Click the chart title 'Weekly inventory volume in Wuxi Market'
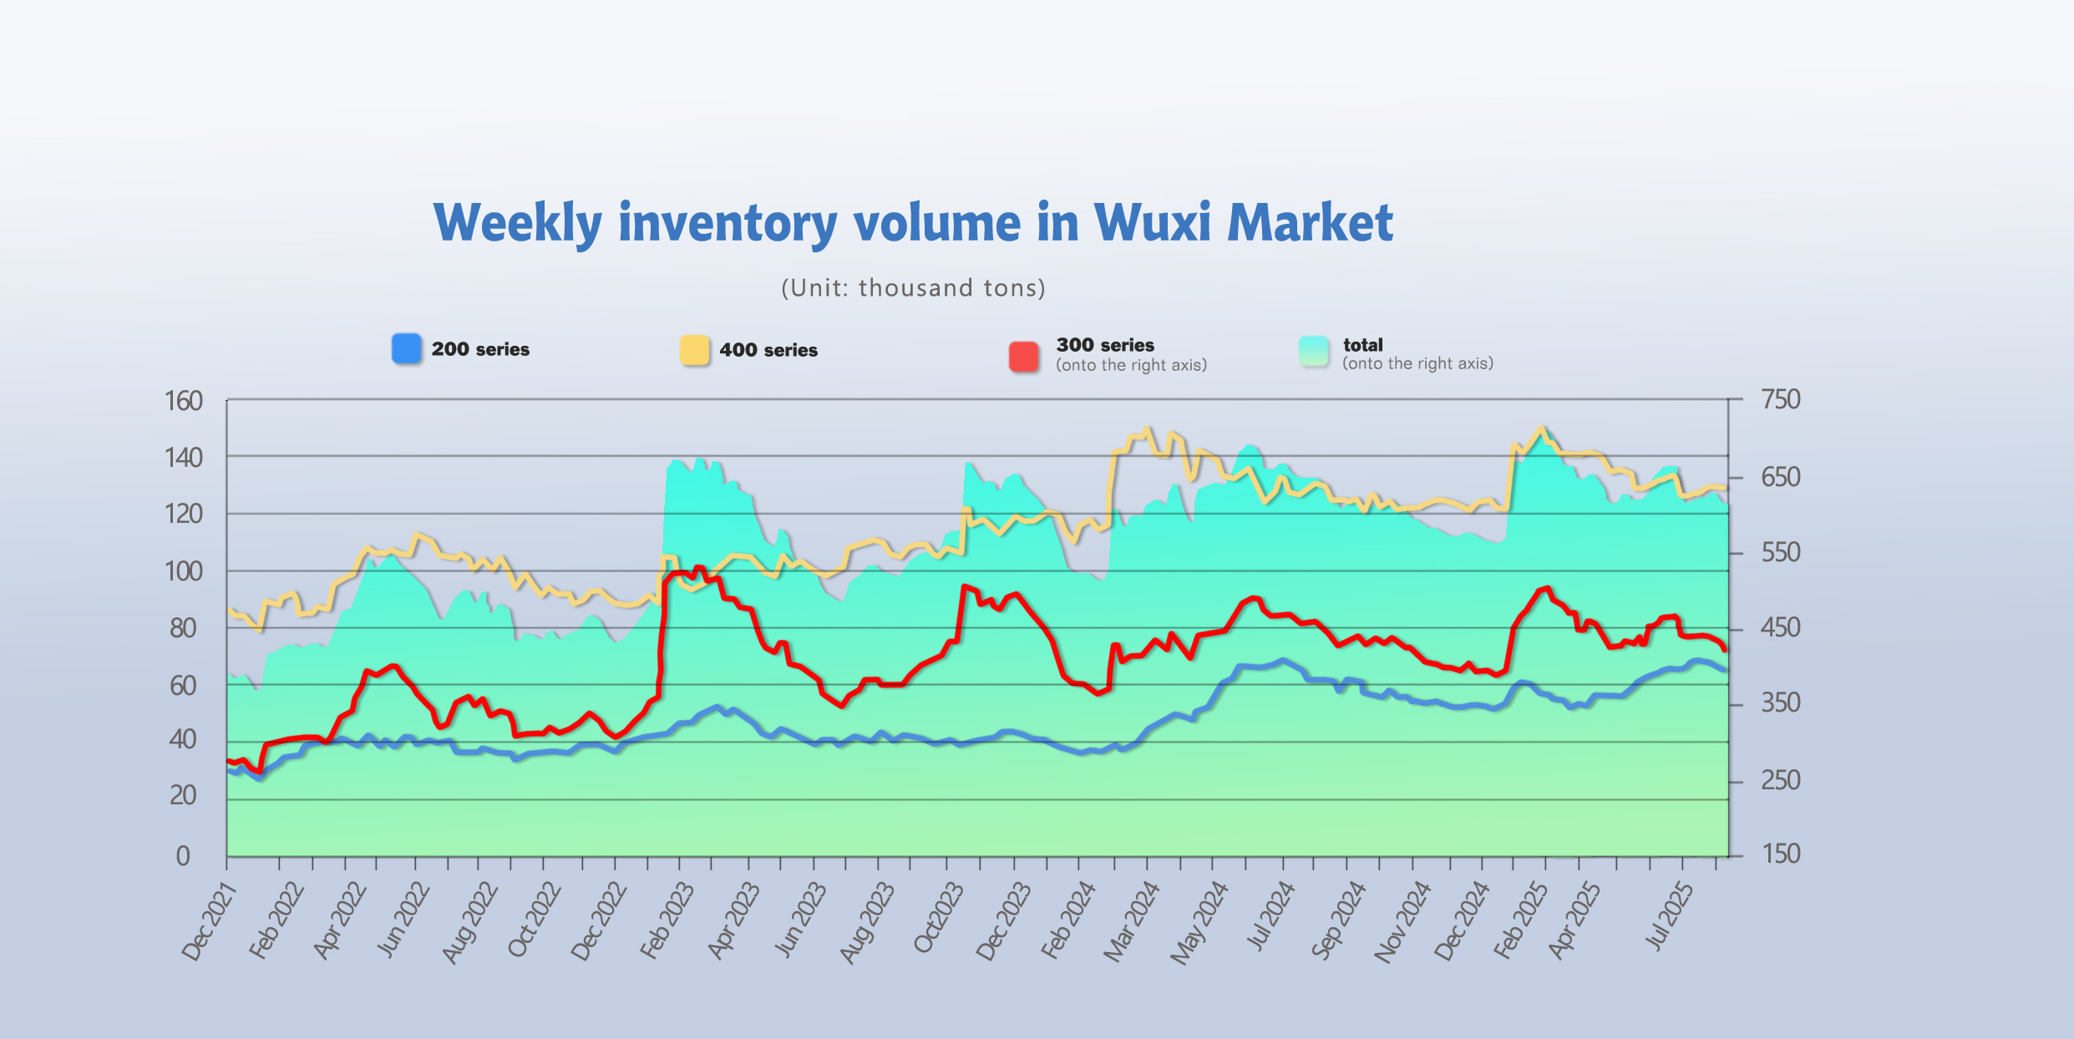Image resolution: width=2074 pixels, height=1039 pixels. (913, 223)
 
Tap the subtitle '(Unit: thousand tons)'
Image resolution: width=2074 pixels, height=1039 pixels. (913, 288)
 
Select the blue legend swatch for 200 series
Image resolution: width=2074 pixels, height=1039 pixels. (407, 348)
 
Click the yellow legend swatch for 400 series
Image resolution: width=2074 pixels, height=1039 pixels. (695, 350)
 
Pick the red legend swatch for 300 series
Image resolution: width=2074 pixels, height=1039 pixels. (1024, 356)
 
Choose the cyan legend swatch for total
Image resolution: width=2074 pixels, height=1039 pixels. (1314, 351)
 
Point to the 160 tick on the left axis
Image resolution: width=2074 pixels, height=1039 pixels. (184, 401)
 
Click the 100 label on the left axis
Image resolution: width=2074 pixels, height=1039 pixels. (184, 572)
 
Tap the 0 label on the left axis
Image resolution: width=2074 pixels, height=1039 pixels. (183, 856)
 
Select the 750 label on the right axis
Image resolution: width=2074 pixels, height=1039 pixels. (1781, 399)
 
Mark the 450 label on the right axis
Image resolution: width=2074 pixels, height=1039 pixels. (1781, 627)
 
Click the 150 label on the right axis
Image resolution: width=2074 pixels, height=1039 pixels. (1781, 854)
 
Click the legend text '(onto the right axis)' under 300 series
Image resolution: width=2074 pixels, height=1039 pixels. (1131, 365)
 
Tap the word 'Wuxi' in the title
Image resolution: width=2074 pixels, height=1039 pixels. (1152, 223)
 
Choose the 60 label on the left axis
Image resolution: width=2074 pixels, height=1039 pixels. (183, 686)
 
